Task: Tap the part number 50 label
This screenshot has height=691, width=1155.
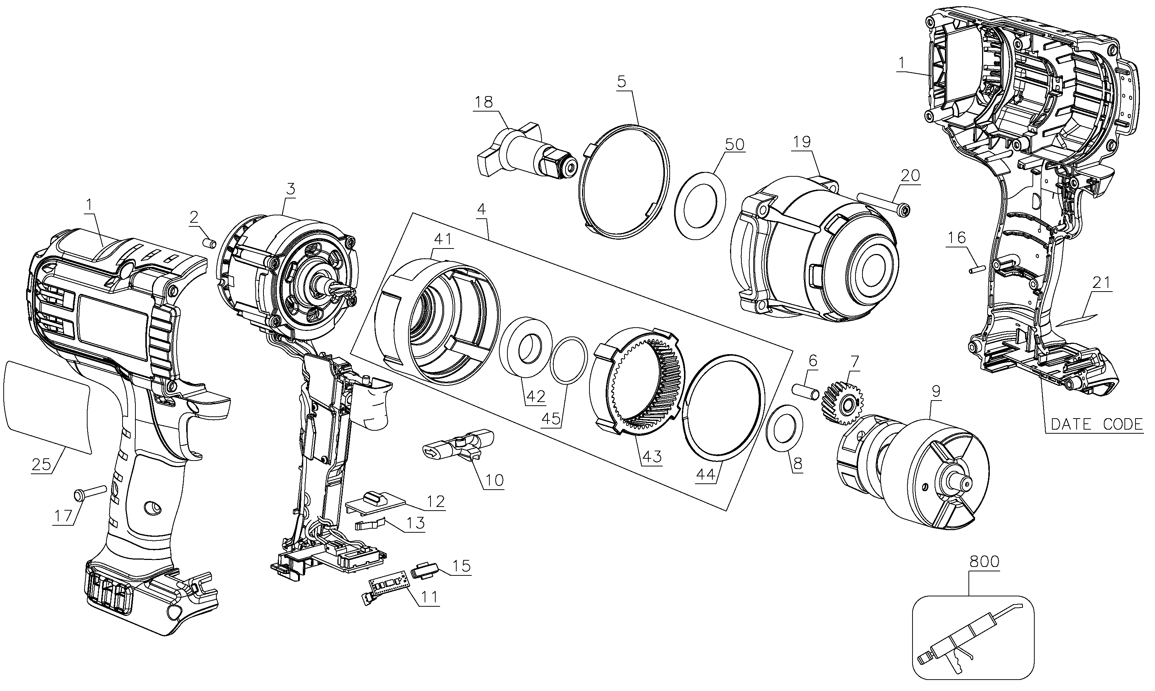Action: pyautogui.click(x=735, y=144)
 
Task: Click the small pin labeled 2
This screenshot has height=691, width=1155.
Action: pyautogui.click(x=209, y=244)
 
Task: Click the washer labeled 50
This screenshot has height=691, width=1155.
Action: pyautogui.click(x=700, y=205)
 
